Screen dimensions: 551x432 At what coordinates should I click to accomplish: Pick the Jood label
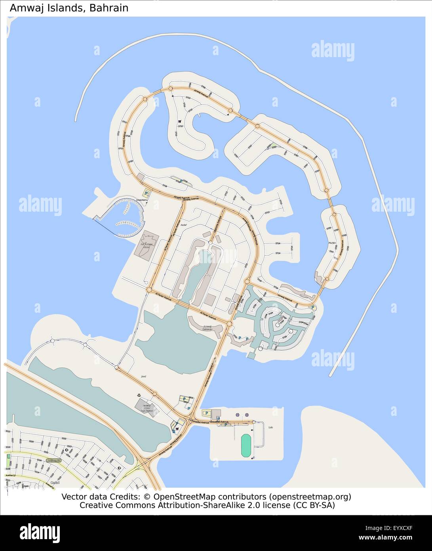coord(143,376)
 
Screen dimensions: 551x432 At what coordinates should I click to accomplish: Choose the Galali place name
coord(55,483)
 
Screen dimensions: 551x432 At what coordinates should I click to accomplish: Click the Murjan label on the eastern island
coord(332,243)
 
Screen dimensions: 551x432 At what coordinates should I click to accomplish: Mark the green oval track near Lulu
coord(246,446)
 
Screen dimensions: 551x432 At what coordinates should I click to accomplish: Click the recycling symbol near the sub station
coord(139,395)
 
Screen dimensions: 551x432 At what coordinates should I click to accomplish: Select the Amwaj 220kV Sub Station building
coord(146,406)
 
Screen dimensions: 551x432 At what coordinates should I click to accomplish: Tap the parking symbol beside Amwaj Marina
coord(147,194)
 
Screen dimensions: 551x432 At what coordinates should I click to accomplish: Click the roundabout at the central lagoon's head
coord(211,243)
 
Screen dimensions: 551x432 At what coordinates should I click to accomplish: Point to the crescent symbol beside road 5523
coord(66,450)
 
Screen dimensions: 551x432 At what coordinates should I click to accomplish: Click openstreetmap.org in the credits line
coord(310,497)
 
